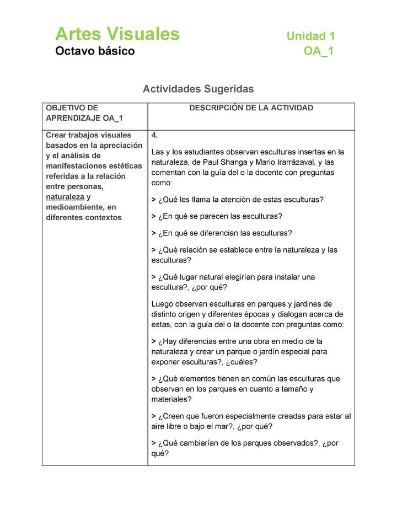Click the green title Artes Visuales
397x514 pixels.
[117, 34]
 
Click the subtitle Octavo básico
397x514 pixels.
[95, 51]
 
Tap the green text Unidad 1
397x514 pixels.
[310, 36]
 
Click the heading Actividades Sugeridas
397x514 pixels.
[198, 89]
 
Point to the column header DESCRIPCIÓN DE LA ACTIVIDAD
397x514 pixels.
[251, 108]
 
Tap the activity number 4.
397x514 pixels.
[154, 136]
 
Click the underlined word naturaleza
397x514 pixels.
[65, 196]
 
